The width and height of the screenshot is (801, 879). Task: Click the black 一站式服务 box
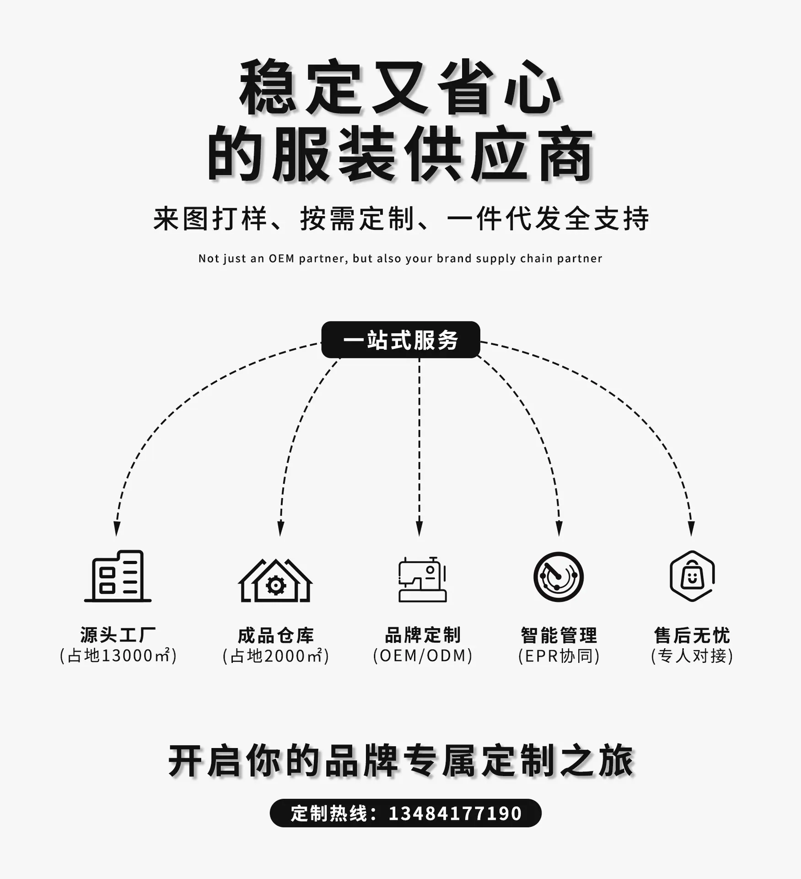coord(401,340)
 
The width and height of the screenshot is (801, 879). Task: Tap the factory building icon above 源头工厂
coord(118,576)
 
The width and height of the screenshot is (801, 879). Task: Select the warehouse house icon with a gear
coord(275,580)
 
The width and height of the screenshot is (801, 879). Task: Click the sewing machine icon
coord(422,579)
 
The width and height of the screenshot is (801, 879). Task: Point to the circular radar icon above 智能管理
coord(559,577)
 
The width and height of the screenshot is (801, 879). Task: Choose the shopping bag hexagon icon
coord(692,576)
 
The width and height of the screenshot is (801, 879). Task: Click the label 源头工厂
coord(118,635)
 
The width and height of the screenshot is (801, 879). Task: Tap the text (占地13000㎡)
coord(118,656)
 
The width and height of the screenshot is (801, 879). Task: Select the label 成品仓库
coord(276,635)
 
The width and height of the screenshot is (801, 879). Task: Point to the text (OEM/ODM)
coord(423,656)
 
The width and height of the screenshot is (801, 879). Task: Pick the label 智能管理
coord(559,635)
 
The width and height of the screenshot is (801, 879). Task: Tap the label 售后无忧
coord(692,635)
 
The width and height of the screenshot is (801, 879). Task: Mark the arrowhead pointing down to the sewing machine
coord(419,529)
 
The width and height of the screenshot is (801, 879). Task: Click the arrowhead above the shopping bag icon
coord(691,529)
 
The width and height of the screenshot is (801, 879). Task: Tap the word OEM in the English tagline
coord(281,259)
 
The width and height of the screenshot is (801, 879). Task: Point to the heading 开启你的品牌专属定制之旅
coord(401,761)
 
